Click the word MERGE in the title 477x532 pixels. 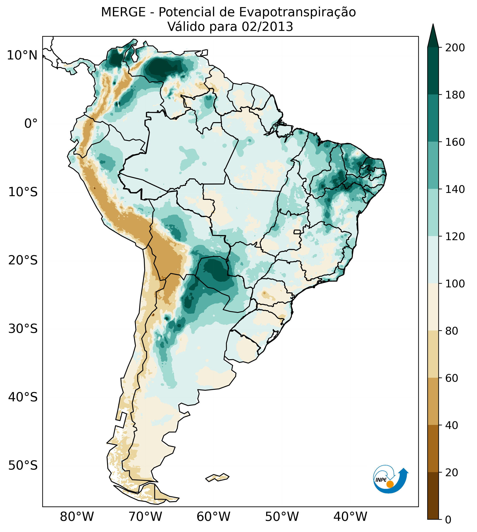123,12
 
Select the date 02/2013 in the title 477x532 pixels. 267,27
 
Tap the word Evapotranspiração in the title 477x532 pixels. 297,12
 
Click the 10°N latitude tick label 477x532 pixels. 22,56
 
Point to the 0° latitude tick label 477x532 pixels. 31,124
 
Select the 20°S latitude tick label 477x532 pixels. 23,261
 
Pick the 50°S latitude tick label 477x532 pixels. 23,465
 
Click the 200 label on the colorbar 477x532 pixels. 455,48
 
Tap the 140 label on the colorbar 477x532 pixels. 455,189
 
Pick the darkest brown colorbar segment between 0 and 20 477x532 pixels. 433,496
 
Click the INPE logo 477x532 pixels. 390,479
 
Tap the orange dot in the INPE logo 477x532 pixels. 390,484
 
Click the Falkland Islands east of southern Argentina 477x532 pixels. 218,477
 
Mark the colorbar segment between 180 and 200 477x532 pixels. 433,71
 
